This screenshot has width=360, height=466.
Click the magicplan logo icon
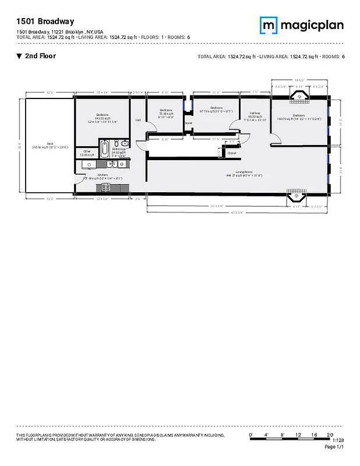coord(268,25)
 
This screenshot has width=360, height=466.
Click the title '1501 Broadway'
coord(38,22)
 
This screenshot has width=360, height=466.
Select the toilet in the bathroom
coord(125,144)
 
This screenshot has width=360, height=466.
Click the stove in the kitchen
coord(107,187)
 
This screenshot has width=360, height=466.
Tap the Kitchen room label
coord(103,175)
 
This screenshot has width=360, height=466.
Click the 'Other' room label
coord(87,153)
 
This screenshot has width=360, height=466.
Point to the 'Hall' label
coord(138,120)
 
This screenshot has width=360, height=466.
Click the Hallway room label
coord(255,115)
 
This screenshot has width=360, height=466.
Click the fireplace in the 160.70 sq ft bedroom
coord(299,96)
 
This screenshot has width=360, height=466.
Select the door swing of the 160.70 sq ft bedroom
coord(275,137)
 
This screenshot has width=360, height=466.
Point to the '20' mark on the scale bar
coord(329,436)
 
